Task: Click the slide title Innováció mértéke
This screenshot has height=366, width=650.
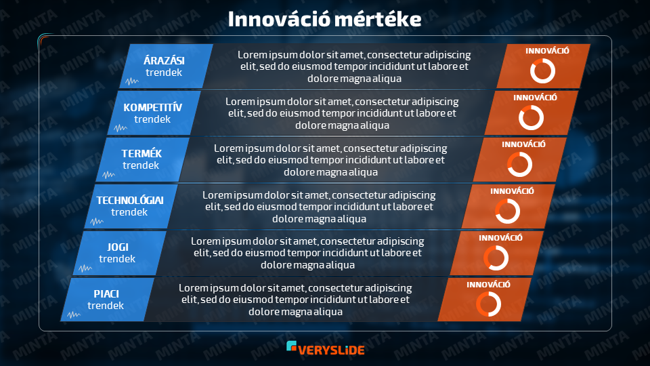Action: pos(324,19)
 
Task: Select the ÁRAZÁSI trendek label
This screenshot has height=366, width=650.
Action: pos(164,66)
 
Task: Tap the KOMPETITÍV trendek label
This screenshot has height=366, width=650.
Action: pos(152,113)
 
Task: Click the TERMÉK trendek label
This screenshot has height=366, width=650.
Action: pos(142,159)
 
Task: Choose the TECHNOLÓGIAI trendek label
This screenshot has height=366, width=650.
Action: pos(130,206)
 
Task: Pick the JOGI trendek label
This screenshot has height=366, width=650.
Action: pos(117,253)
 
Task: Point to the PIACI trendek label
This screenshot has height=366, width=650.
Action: pos(106,300)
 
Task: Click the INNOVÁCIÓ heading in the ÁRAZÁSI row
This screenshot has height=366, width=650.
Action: pos(548,51)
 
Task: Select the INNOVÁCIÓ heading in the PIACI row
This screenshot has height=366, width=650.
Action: pos(488,284)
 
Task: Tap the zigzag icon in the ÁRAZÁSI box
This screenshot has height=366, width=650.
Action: pos(132,81)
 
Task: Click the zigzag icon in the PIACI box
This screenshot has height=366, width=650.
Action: pos(74,314)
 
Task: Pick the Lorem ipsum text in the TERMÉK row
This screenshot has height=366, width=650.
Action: pos(330,160)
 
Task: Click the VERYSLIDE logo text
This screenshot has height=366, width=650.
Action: pos(331,350)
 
